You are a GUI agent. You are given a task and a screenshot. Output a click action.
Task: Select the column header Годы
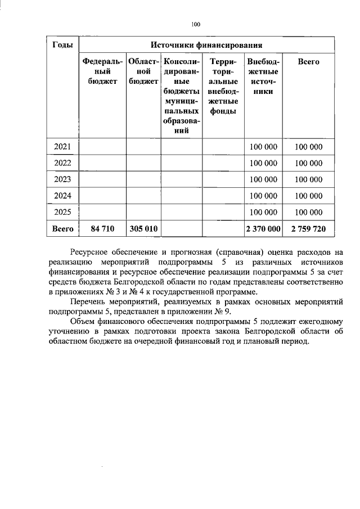click(61, 45)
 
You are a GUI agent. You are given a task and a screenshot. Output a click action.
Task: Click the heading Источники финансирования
click(206, 45)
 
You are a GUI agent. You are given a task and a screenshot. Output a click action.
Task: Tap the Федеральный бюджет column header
click(102, 71)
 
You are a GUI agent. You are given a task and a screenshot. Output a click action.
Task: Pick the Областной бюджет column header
click(143, 71)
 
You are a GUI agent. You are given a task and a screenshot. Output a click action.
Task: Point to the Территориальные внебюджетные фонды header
click(223, 86)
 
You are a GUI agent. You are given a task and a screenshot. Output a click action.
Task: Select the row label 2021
click(62, 147)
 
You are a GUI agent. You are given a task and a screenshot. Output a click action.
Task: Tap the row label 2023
click(62, 179)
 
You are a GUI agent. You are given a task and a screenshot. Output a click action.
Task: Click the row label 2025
click(62, 212)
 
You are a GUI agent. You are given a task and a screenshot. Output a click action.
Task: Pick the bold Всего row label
click(62, 229)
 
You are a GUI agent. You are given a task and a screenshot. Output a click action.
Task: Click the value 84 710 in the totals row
click(102, 229)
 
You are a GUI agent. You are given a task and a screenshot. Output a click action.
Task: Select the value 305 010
click(143, 229)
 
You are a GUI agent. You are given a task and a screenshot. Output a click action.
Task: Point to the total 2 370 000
click(263, 229)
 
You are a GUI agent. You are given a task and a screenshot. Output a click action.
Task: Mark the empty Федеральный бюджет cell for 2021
click(102, 147)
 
